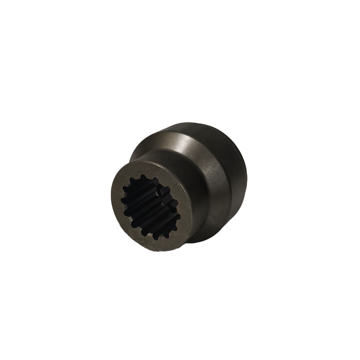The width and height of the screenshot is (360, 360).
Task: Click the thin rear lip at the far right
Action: tap(245, 173)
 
